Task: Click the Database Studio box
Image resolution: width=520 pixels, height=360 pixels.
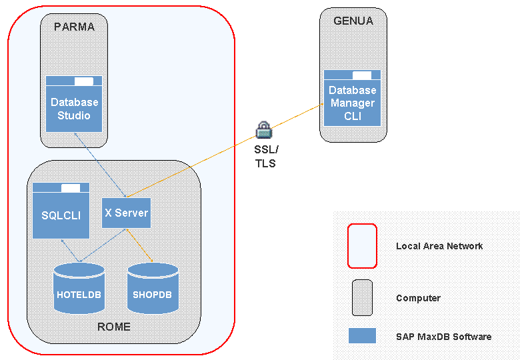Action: (x=74, y=109)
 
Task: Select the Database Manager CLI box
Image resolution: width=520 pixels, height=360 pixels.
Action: (x=352, y=103)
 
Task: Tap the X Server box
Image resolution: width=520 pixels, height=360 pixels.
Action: (x=126, y=213)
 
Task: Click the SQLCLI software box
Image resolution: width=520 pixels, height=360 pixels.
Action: (x=61, y=215)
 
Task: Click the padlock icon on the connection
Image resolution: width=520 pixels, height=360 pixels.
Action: (x=264, y=129)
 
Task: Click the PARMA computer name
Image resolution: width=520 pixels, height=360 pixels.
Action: (x=74, y=27)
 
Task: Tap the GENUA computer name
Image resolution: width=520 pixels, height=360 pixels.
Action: (x=353, y=21)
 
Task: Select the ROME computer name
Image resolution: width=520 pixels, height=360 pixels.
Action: (x=114, y=327)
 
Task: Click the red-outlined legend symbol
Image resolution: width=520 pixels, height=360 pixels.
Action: (x=362, y=246)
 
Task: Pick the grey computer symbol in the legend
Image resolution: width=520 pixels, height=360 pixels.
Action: (x=362, y=297)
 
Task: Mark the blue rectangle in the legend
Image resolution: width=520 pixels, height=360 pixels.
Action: (x=362, y=335)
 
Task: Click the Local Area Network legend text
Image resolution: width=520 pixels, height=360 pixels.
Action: (x=439, y=246)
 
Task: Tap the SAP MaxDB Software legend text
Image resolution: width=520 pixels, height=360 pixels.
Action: (x=443, y=337)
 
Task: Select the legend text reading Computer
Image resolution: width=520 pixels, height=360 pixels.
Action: (x=418, y=298)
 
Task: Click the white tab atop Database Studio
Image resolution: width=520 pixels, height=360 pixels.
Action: (x=84, y=81)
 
